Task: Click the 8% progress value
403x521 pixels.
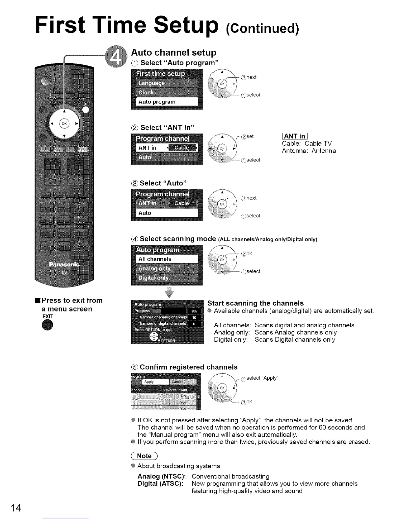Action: [x=194, y=311]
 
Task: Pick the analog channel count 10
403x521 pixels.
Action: [x=194, y=318]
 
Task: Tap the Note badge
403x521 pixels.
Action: [x=145, y=456]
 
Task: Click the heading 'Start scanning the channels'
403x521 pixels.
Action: [x=255, y=303]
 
